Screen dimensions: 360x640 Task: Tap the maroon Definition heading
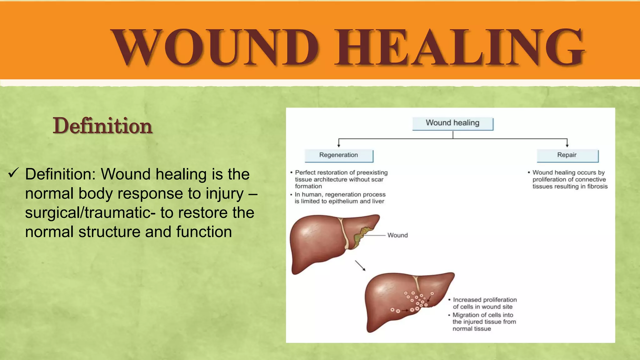(x=102, y=126)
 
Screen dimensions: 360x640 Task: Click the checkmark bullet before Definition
(x=14, y=173)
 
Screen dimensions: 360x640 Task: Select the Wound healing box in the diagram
(x=452, y=123)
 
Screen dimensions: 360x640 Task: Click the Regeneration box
(x=339, y=155)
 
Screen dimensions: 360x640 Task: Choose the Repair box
(x=567, y=155)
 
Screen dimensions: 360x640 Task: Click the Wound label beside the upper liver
(x=397, y=235)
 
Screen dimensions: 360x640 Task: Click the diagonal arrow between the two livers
(x=360, y=266)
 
